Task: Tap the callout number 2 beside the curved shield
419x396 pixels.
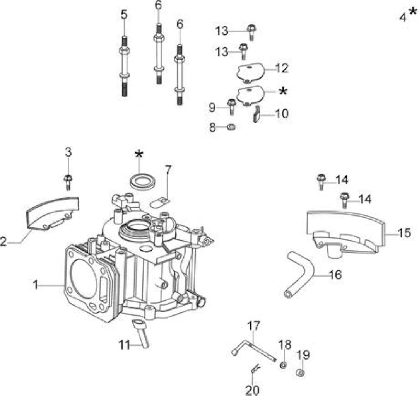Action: (x=3, y=242)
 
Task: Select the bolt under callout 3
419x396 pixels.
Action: (x=68, y=182)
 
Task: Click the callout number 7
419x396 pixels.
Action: (x=167, y=170)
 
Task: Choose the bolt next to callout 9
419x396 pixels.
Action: (x=231, y=107)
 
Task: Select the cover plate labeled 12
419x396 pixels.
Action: (x=250, y=71)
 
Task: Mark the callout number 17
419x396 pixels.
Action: (x=253, y=326)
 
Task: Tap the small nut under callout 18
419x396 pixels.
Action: (x=284, y=365)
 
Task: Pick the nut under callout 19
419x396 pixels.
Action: (x=301, y=372)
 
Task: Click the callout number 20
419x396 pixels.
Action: (x=252, y=390)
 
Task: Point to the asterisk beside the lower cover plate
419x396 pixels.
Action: (x=283, y=91)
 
